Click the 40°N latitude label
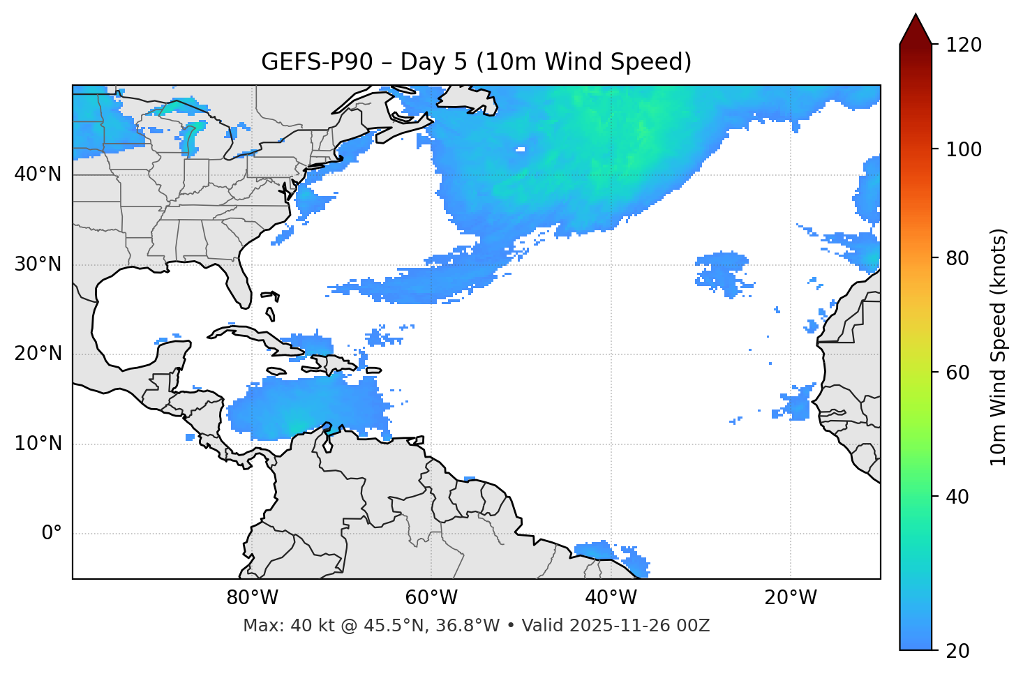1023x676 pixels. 38,174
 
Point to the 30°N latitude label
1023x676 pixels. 38,264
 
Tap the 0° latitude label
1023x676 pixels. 51,534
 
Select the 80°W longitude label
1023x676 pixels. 252,598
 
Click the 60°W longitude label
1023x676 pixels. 431,598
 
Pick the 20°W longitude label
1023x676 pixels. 791,598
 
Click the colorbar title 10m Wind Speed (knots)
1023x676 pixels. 999,347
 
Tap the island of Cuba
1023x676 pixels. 251,336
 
